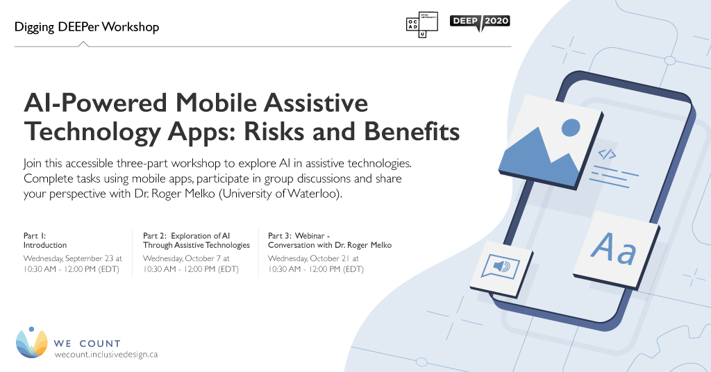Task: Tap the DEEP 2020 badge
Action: point(480,22)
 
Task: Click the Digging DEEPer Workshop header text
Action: point(87,27)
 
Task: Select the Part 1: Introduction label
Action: point(45,240)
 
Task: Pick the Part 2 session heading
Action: point(196,240)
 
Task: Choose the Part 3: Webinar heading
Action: point(329,240)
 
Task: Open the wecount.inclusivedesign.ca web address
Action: point(106,354)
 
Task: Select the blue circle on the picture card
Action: point(570,127)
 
